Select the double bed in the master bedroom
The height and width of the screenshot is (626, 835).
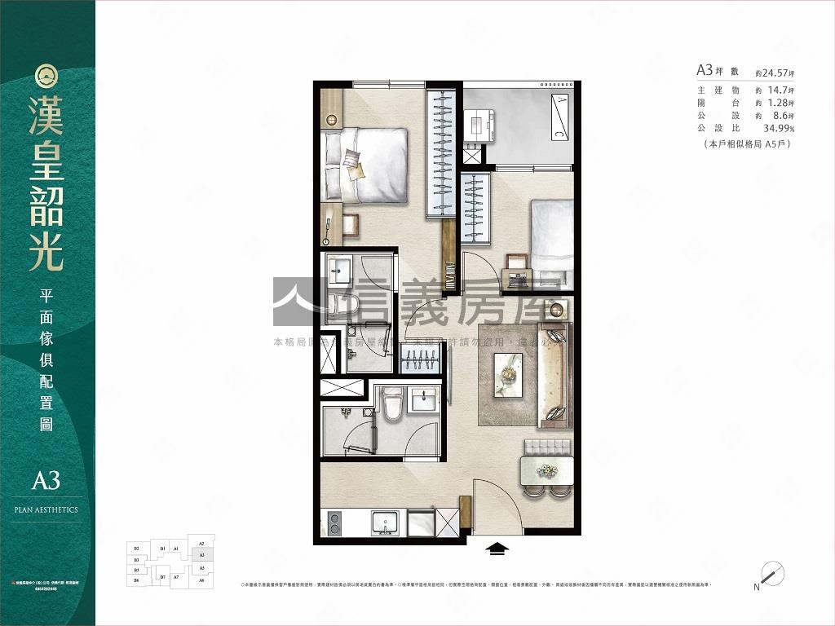coord(367,165)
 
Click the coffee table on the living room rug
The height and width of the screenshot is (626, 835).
coord(509,374)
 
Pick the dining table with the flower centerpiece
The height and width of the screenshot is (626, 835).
coord(546,471)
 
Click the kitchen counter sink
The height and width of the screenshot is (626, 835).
coord(387,522)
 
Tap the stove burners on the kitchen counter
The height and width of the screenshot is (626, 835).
coord(334,522)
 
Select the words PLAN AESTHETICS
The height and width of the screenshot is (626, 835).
coord(46,509)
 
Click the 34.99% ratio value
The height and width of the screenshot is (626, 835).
coord(779,129)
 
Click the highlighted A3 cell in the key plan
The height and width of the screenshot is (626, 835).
coord(201,554)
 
